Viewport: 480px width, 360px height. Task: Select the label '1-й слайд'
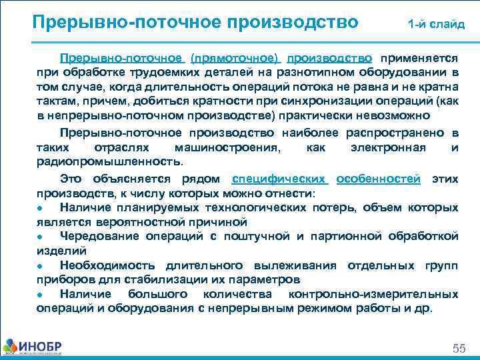tap(437, 25)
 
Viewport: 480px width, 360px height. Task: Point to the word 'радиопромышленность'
tap(108, 161)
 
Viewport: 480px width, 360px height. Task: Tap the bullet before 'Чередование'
tap(41, 237)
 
